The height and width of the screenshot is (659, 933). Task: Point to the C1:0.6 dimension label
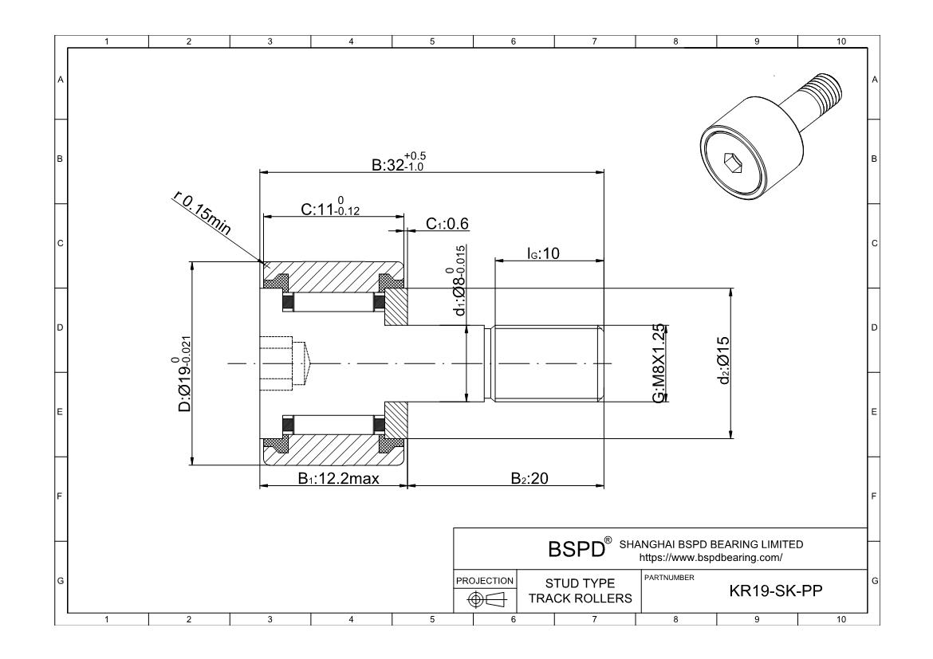447,225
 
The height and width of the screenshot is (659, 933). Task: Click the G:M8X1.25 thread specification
659,364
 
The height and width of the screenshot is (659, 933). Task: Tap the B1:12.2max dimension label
338,479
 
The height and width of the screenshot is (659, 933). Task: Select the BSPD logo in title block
575,549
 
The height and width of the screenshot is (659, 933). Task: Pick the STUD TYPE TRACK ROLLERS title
580,591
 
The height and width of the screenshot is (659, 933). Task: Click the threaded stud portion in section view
546,363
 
